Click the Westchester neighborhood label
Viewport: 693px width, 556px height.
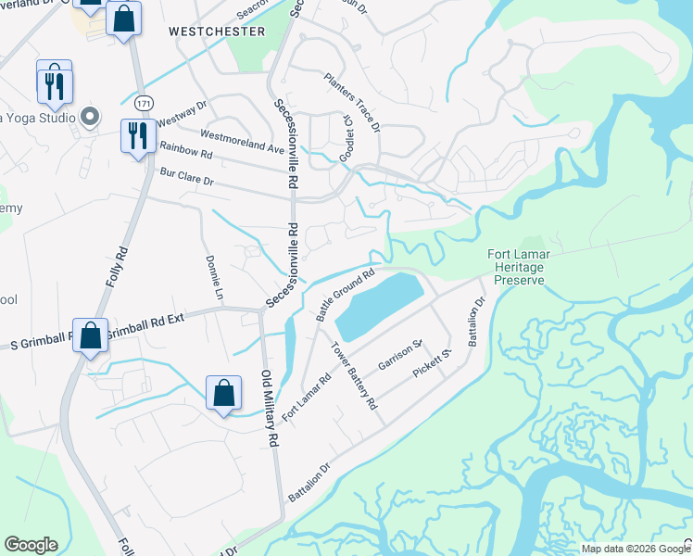(x=217, y=32)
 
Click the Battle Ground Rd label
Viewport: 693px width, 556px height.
(x=345, y=295)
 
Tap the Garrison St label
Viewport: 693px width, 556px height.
(x=400, y=355)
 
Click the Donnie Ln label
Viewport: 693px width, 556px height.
(x=214, y=279)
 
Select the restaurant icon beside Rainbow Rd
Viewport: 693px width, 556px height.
(x=136, y=135)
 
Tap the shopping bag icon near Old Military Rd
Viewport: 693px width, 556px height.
(x=224, y=393)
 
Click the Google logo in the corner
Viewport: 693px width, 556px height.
(x=31, y=545)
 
